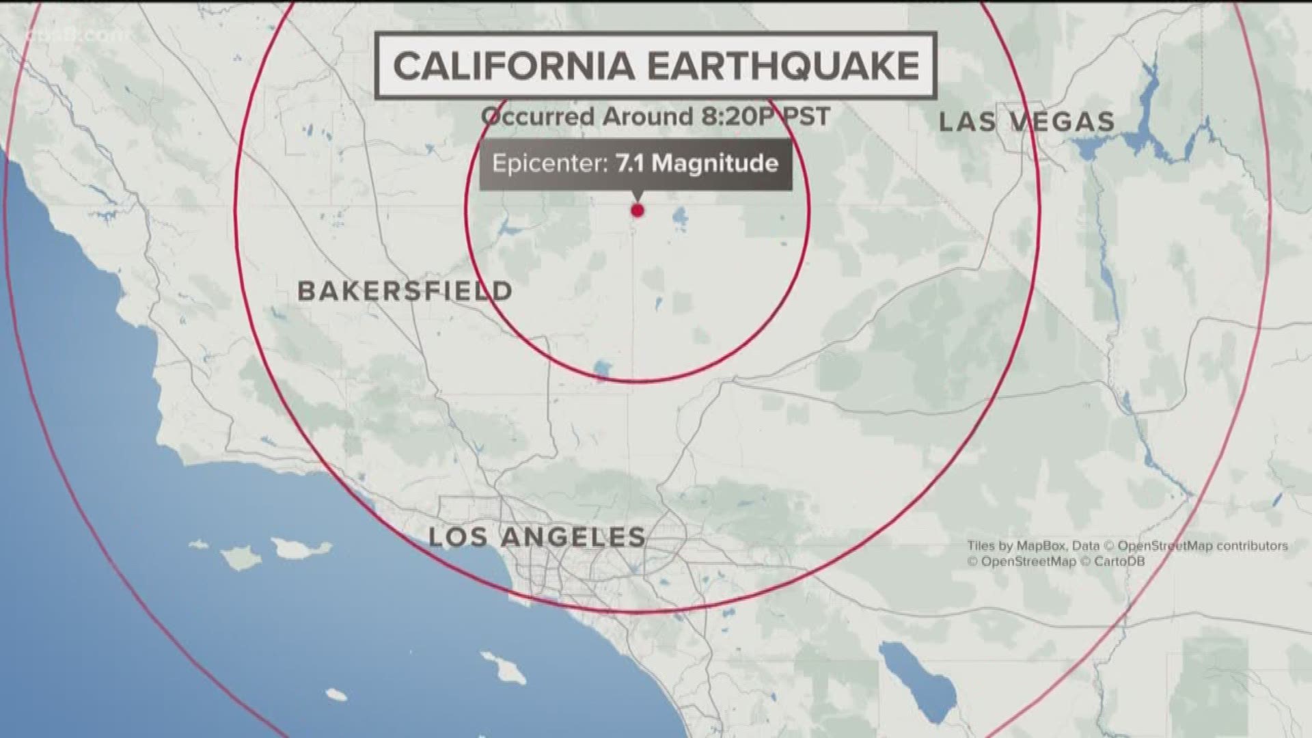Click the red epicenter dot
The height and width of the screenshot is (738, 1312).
[638, 210]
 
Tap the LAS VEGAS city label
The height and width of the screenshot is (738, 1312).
[1027, 122]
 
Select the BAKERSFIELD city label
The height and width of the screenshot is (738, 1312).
[405, 291]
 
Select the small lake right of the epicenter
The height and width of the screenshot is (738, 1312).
[679, 220]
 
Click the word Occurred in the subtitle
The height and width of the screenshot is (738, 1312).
[537, 116]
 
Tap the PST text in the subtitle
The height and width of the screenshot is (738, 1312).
[808, 116]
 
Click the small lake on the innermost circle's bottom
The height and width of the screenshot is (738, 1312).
[602, 370]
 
